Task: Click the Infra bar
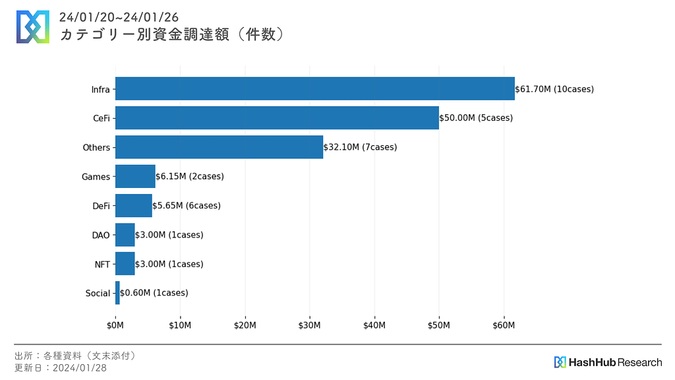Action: tap(314, 89)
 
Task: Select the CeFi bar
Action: tap(277, 118)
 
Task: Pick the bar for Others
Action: tap(219, 147)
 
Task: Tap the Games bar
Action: tap(135, 177)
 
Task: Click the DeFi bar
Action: tap(133, 206)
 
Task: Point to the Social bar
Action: tap(117, 293)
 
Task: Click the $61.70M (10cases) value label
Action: tap(554, 89)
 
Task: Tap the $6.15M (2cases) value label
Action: tap(190, 177)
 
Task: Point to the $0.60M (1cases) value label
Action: tap(154, 293)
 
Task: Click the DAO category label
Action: tap(101, 235)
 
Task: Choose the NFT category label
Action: tap(102, 264)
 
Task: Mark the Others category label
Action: tap(96, 147)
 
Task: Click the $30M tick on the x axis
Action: tap(309, 325)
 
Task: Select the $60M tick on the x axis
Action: tap(504, 325)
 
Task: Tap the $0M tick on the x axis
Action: tap(115, 325)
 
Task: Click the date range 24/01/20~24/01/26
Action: tap(119, 16)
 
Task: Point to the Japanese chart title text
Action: tap(172, 34)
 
